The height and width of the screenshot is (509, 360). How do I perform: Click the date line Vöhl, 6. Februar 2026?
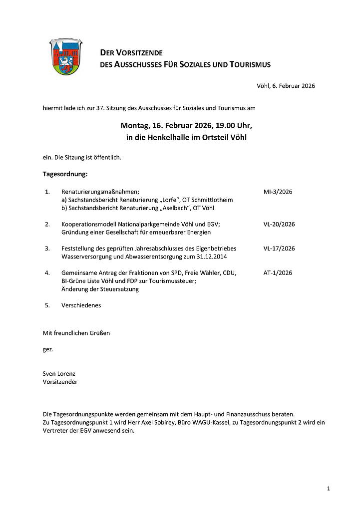point(286,86)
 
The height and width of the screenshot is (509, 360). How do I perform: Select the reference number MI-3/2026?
point(278,191)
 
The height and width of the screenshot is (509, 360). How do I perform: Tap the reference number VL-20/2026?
point(279,224)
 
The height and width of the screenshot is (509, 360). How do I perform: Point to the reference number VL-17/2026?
point(279,248)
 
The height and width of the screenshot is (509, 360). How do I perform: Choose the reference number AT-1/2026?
point(278,272)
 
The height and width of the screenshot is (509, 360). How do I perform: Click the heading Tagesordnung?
point(65,174)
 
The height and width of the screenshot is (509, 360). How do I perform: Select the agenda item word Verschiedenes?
point(81,305)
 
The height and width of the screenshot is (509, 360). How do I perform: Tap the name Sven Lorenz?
point(59,373)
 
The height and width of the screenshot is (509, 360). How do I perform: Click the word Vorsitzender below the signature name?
point(60,382)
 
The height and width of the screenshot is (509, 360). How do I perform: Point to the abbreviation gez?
point(48,349)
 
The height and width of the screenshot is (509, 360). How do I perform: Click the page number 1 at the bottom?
point(328,488)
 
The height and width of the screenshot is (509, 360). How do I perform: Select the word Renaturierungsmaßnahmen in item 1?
point(100,192)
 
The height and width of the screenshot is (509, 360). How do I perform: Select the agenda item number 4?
point(47,273)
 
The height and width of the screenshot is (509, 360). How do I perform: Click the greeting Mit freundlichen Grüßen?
point(76,333)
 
